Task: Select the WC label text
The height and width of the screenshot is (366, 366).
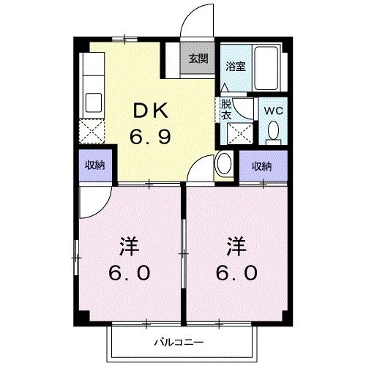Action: (274, 111)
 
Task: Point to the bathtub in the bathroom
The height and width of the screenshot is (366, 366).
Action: (267, 67)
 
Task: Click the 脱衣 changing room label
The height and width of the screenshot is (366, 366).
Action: (227, 109)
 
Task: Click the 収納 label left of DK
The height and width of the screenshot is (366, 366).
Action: (94, 165)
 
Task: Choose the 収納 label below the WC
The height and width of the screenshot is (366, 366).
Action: (263, 165)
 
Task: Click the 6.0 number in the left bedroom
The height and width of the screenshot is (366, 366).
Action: (130, 273)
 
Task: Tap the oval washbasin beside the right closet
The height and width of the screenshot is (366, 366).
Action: (224, 165)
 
